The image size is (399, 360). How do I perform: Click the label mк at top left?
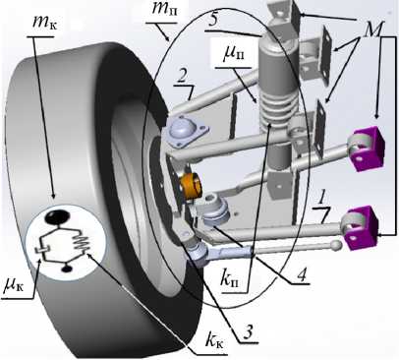click(44, 23)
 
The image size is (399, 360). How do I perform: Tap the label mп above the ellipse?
click(164, 10)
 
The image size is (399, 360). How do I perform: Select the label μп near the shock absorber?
click(234, 54)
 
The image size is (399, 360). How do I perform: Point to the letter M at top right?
click(372, 30)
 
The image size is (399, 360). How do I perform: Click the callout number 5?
click(213, 21)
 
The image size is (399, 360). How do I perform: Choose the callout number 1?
click(322, 199)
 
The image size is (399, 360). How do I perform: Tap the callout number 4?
click(301, 275)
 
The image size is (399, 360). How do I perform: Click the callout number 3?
click(248, 332)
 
